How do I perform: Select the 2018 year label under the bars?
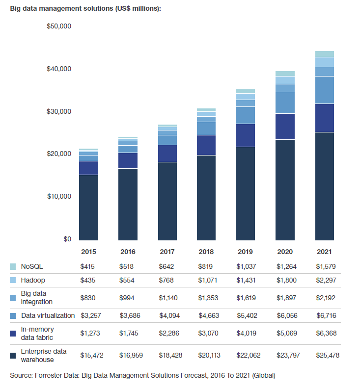(x=206, y=252)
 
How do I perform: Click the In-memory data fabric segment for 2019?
(x=246, y=135)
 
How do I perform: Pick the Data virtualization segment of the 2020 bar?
(x=285, y=103)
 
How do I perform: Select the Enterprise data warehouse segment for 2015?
(x=88, y=207)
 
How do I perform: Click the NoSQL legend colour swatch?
(x=13, y=266)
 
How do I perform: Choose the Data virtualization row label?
(x=48, y=315)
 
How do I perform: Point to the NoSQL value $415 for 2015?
(x=88, y=266)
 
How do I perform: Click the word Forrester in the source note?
(x=50, y=376)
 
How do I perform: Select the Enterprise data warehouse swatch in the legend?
(x=13, y=355)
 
